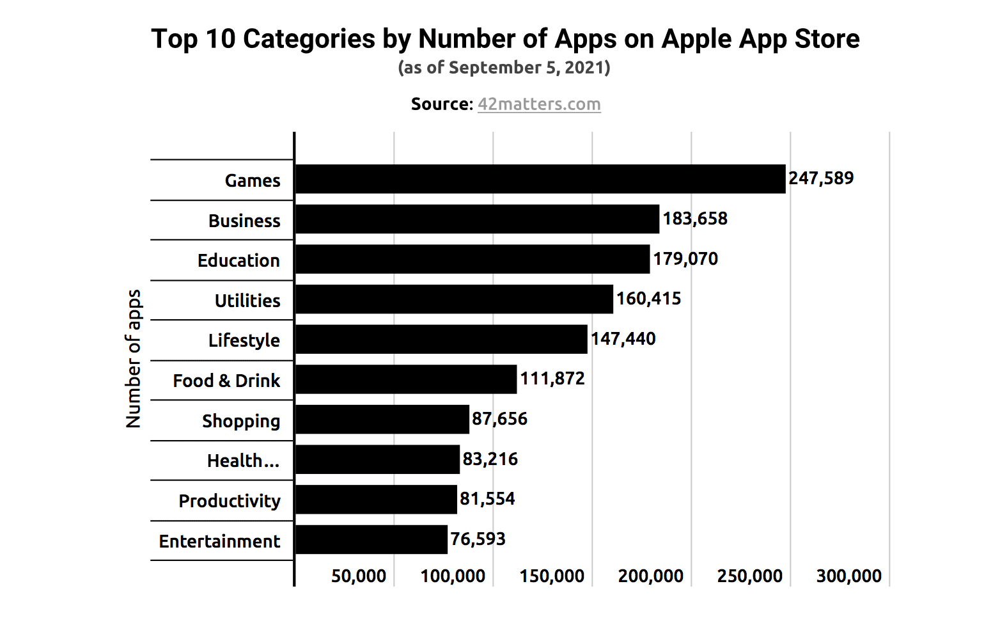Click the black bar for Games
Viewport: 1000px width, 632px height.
point(540,179)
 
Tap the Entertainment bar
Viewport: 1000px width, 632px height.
point(371,539)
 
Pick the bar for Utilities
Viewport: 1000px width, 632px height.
point(454,299)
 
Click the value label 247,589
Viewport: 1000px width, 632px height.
point(821,178)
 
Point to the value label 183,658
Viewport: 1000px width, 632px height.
point(695,219)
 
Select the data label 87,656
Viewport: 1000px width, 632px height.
point(499,419)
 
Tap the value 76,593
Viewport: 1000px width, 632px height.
point(478,539)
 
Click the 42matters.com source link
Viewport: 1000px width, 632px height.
point(539,104)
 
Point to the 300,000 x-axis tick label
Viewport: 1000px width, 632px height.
point(848,576)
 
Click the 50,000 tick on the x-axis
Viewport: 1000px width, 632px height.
point(358,576)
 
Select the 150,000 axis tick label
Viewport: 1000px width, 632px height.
point(552,576)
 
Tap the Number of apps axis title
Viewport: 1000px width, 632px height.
point(134,358)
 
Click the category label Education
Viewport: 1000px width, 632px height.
point(238,261)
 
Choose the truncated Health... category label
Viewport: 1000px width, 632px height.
point(243,461)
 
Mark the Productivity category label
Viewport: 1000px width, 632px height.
point(230,501)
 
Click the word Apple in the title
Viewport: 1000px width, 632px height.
point(697,39)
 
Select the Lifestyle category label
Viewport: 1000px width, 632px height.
point(244,340)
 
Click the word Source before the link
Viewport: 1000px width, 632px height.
point(441,104)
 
